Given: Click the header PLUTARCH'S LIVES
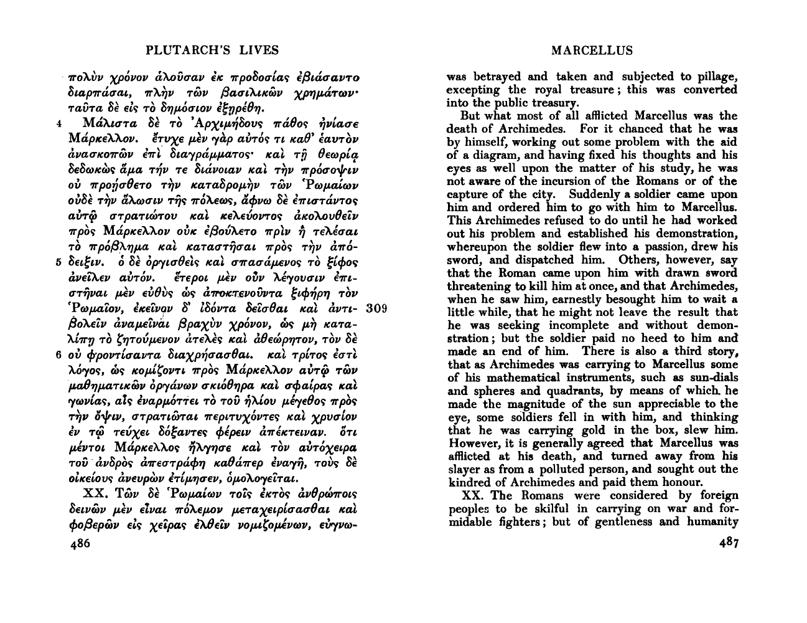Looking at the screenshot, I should [x=212, y=50].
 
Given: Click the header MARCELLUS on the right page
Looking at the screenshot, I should [x=592, y=50].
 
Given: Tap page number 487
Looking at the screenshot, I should [x=725, y=543].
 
